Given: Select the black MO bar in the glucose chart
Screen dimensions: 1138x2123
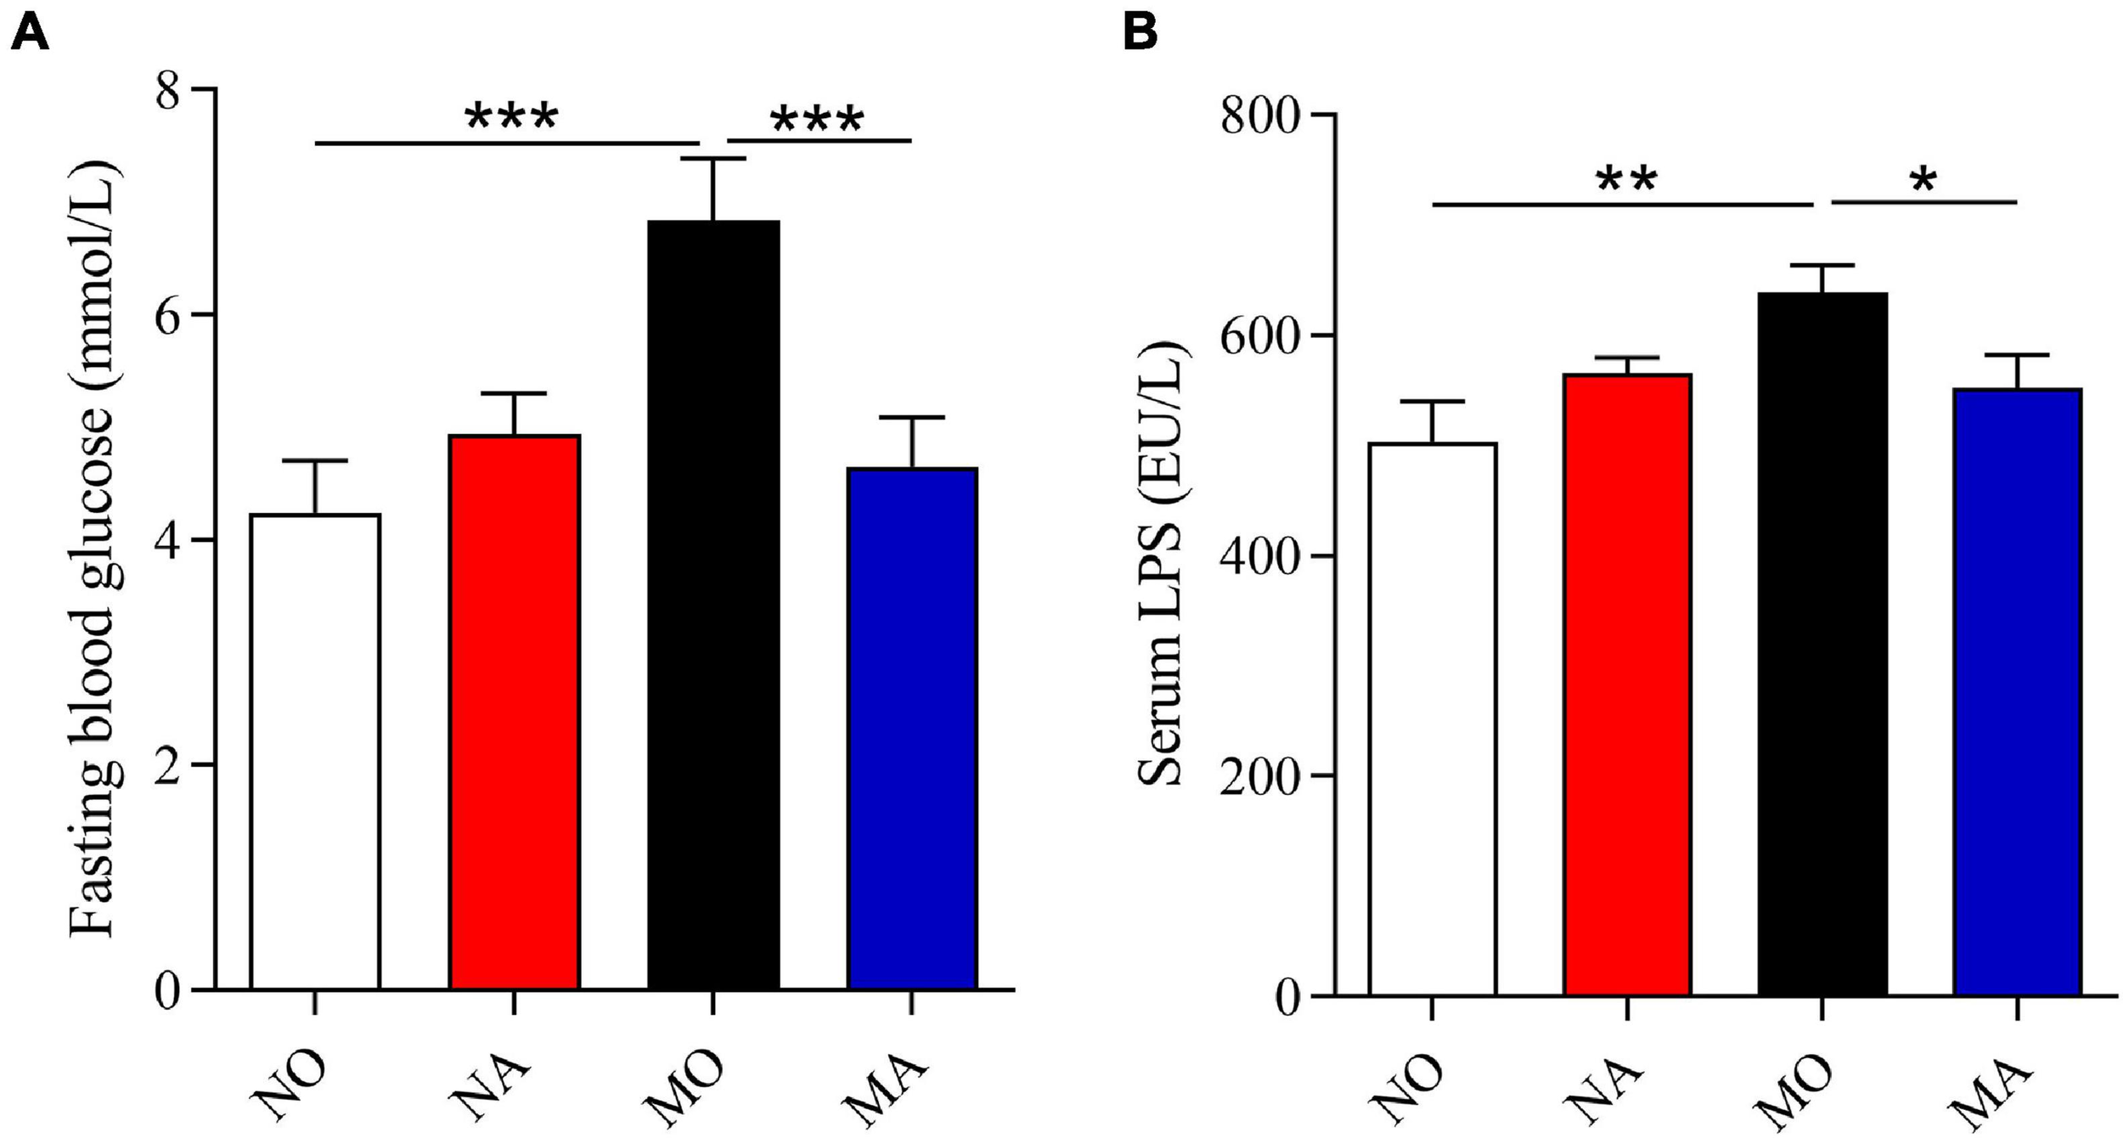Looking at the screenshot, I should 713,603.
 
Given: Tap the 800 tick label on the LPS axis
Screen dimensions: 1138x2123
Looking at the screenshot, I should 1260,115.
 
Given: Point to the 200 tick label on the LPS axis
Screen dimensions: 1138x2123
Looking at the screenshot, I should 1260,777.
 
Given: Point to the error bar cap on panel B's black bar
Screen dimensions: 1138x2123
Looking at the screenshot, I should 1822,266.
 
